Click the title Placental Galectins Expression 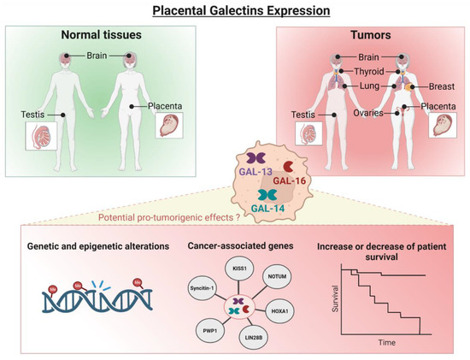coord(234,10)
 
